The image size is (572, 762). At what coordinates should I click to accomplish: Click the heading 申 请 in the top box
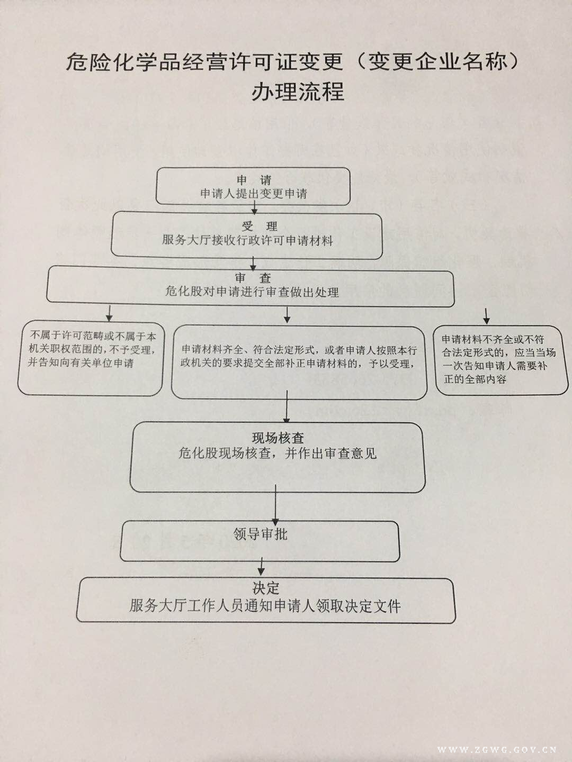pyautogui.click(x=254, y=180)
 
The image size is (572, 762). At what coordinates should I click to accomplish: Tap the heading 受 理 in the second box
pyautogui.click(x=260, y=226)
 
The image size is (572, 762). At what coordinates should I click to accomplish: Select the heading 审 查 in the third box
pyautogui.click(x=253, y=278)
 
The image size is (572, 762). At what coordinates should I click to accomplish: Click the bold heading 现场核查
pyautogui.click(x=278, y=438)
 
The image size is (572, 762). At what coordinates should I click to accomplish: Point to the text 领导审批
pyautogui.click(x=261, y=534)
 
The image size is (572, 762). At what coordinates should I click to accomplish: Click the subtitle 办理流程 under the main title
pyautogui.click(x=298, y=92)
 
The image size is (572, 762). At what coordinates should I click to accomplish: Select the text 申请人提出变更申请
pyautogui.click(x=254, y=193)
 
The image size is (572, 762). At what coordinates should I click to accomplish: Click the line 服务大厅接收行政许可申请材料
pyautogui.click(x=247, y=240)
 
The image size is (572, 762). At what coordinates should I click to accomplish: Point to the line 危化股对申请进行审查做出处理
pyautogui.click(x=252, y=292)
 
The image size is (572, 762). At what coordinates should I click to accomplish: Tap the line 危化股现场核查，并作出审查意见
pyautogui.click(x=278, y=453)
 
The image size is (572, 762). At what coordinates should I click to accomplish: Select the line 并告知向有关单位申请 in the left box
pyautogui.click(x=81, y=363)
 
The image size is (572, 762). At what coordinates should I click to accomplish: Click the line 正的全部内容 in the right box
pyautogui.click(x=475, y=379)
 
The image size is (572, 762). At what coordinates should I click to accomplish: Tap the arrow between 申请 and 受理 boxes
pyautogui.click(x=255, y=207)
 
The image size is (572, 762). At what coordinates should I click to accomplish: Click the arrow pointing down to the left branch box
pyautogui.click(x=110, y=313)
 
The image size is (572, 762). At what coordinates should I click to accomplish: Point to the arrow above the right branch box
pyautogui.click(x=487, y=315)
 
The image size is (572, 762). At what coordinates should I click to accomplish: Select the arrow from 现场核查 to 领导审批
pyautogui.click(x=275, y=505)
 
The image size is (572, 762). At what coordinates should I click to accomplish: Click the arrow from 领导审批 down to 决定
pyautogui.click(x=262, y=566)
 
